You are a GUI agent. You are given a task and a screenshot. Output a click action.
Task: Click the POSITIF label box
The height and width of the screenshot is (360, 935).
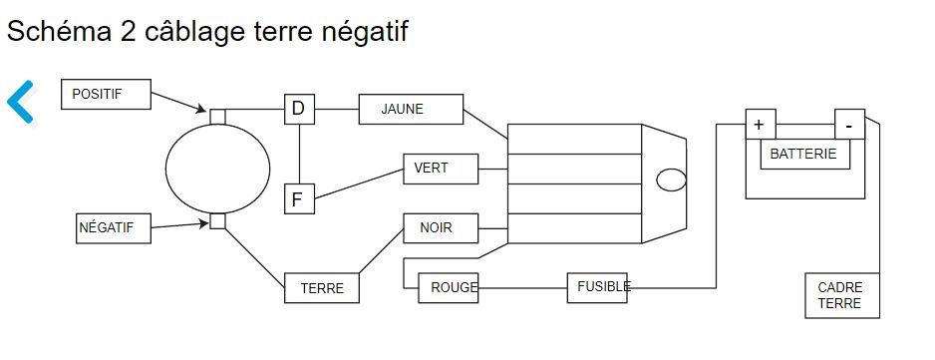(106, 95)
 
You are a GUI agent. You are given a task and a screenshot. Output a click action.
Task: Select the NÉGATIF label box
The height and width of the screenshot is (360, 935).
(114, 228)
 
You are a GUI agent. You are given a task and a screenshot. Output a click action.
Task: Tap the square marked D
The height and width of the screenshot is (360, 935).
(299, 110)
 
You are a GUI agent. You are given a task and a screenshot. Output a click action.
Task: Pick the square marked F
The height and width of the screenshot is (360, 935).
(299, 198)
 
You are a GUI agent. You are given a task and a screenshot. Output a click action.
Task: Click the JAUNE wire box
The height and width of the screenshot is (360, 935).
(411, 110)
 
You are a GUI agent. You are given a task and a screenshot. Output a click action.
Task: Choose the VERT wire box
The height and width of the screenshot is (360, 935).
(441, 169)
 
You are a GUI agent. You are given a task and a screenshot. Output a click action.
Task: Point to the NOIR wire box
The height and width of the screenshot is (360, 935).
(441, 228)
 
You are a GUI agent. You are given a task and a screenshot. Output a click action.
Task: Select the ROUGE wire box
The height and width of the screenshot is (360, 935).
(448, 288)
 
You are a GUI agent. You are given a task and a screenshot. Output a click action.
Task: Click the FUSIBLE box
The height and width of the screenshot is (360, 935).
(597, 288)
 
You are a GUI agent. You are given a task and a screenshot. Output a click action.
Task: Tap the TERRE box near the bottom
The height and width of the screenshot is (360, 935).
(321, 288)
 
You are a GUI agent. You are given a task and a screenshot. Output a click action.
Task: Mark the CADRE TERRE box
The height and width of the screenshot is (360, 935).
(842, 295)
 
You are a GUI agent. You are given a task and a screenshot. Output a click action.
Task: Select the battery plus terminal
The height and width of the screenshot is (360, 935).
(761, 125)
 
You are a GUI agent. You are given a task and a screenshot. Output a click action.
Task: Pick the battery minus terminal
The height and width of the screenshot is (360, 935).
(849, 125)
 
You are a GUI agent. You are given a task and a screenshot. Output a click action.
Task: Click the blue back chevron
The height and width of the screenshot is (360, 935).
(20, 102)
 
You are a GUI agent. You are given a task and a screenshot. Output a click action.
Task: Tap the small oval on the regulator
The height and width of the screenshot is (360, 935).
(672, 180)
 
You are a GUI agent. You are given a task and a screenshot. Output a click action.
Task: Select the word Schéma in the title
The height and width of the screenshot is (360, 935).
(59, 30)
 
